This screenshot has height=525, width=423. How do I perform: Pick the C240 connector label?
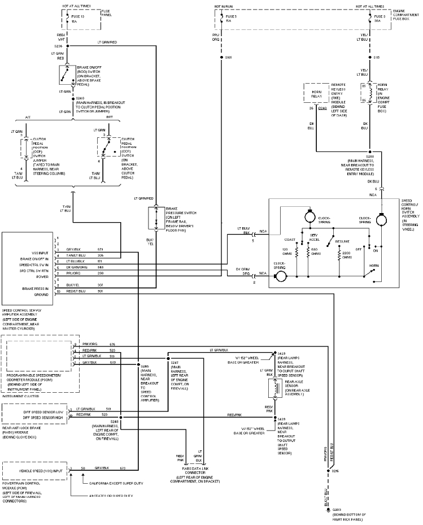point(322,107)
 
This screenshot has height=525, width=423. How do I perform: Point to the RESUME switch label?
point(342,241)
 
